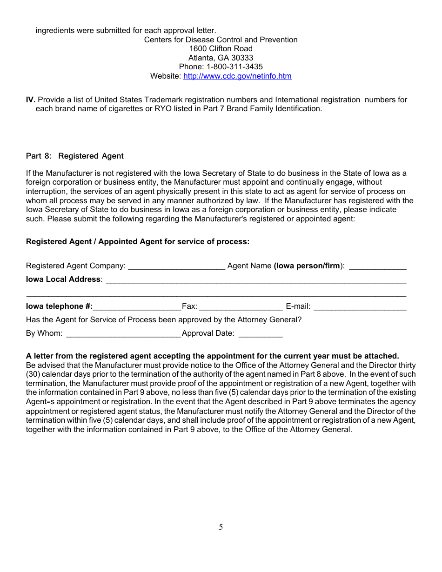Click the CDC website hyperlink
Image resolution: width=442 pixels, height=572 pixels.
[x=237, y=76]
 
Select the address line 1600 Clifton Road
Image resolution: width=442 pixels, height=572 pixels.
[x=221, y=49]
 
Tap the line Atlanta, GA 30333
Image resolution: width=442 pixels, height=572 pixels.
[x=221, y=58]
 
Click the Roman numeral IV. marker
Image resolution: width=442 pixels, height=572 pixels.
[x=31, y=100]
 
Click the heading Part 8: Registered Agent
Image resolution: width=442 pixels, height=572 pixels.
[x=75, y=156]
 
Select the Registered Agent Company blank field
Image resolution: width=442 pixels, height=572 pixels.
[x=176, y=266]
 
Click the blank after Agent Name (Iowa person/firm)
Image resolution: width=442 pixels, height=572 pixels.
[x=377, y=266]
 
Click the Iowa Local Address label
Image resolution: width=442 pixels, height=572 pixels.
[x=63, y=279]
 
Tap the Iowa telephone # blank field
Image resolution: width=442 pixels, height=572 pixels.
[x=137, y=307]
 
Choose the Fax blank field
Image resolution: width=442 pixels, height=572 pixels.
[x=241, y=307]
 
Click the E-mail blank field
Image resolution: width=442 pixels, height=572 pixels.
[x=360, y=307]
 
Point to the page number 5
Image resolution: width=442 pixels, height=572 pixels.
[x=221, y=527]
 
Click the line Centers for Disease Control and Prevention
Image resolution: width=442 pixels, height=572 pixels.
[x=221, y=40]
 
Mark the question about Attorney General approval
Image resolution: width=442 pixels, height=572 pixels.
[x=164, y=320]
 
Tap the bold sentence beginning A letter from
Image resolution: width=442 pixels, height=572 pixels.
[x=212, y=356]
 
